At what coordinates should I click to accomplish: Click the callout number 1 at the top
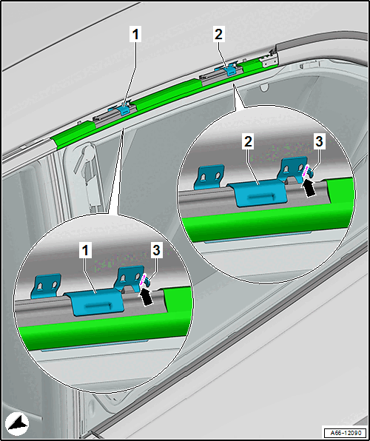coord(135,36)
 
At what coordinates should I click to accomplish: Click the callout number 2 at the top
coord(218,35)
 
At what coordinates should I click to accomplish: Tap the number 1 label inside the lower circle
coord(86,251)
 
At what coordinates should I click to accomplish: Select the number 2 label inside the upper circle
coord(248,142)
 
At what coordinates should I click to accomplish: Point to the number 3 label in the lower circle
coord(156,251)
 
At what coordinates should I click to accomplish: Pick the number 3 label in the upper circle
coord(319,142)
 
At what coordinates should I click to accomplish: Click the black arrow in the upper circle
coord(308,188)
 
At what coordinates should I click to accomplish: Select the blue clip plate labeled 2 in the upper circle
coord(258,192)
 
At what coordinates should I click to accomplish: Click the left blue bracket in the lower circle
coord(47,285)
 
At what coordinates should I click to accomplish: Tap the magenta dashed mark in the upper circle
coord(306,170)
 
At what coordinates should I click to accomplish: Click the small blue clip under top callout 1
coord(124,110)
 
